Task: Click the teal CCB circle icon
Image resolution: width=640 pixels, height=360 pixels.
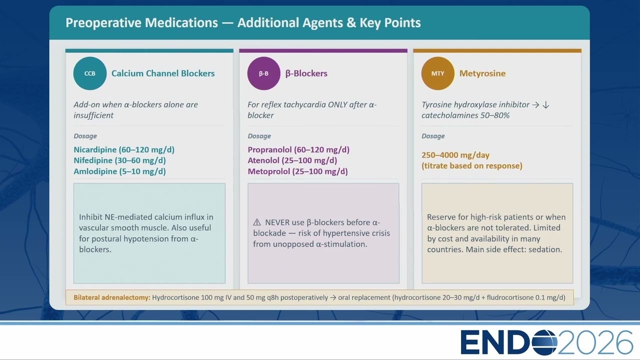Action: (x=89, y=73)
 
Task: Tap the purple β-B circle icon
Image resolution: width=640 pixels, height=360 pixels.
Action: (x=263, y=73)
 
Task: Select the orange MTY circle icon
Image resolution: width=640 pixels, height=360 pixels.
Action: (x=437, y=73)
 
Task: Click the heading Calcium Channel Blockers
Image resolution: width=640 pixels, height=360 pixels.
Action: (x=163, y=73)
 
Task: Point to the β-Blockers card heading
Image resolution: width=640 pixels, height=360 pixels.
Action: (x=306, y=73)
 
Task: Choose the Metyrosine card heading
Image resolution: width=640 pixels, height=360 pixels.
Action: (x=482, y=73)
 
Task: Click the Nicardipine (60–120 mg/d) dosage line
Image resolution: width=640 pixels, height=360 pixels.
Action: (x=124, y=149)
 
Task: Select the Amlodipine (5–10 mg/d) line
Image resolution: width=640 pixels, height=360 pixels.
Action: (x=119, y=171)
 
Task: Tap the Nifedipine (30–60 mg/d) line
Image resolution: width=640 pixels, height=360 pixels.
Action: (x=119, y=160)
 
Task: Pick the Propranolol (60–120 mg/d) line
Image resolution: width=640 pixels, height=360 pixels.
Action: (x=298, y=149)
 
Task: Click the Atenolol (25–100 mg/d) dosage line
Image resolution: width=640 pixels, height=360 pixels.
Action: (x=292, y=160)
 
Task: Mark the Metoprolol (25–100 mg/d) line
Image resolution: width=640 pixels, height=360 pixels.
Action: (x=297, y=171)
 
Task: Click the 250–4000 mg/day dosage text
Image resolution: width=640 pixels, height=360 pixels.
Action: (x=455, y=155)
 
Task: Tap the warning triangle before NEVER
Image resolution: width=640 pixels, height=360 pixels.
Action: (x=257, y=222)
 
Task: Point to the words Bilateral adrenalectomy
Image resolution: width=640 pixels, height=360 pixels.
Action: (x=111, y=297)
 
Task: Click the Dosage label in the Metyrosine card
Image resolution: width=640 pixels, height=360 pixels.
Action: (x=433, y=136)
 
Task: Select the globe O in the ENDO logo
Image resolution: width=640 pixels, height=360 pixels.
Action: (x=544, y=342)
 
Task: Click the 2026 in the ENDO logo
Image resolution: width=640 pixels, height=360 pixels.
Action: (x=595, y=342)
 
